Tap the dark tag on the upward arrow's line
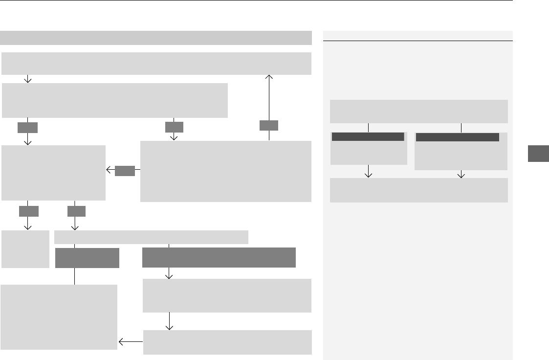click(x=269, y=125)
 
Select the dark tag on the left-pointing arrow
click(x=125, y=170)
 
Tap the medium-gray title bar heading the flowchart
click(x=156, y=38)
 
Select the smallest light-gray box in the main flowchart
click(x=25, y=249)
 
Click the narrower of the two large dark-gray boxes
click(x=87, y=258)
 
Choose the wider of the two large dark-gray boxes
click(x=219, y=257)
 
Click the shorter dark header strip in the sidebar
click(x=368, y=137)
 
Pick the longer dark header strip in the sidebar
click(x=457, y=137)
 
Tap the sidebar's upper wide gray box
click(x=419, y=112)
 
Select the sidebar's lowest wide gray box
click(x=419, y=190)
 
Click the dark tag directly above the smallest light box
click(x=28, y=211)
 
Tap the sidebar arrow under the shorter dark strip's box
click(x=369, y=172)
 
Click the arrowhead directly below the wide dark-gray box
click(x=170, y=275)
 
